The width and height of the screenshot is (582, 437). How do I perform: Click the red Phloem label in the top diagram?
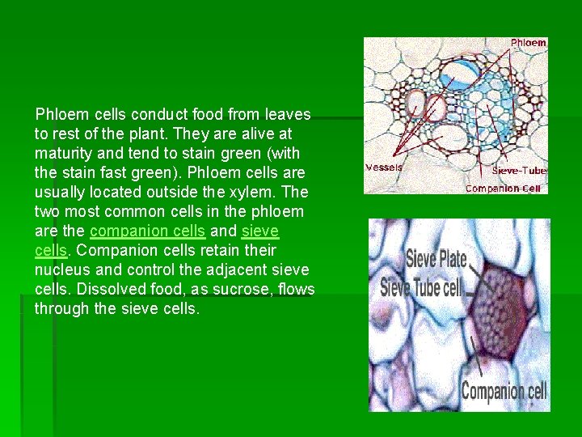coord(529,43)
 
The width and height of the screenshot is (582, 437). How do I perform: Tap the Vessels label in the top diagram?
coord(384,168)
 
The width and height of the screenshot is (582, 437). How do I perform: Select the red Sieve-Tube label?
coord(519,171)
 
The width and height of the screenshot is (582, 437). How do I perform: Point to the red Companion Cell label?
coord(502,189)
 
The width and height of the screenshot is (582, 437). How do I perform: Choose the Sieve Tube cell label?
coord(422,286)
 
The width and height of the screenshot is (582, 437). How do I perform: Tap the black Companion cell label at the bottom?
coord(504,392)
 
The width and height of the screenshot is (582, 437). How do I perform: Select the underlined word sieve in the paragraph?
coord(259,231)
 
